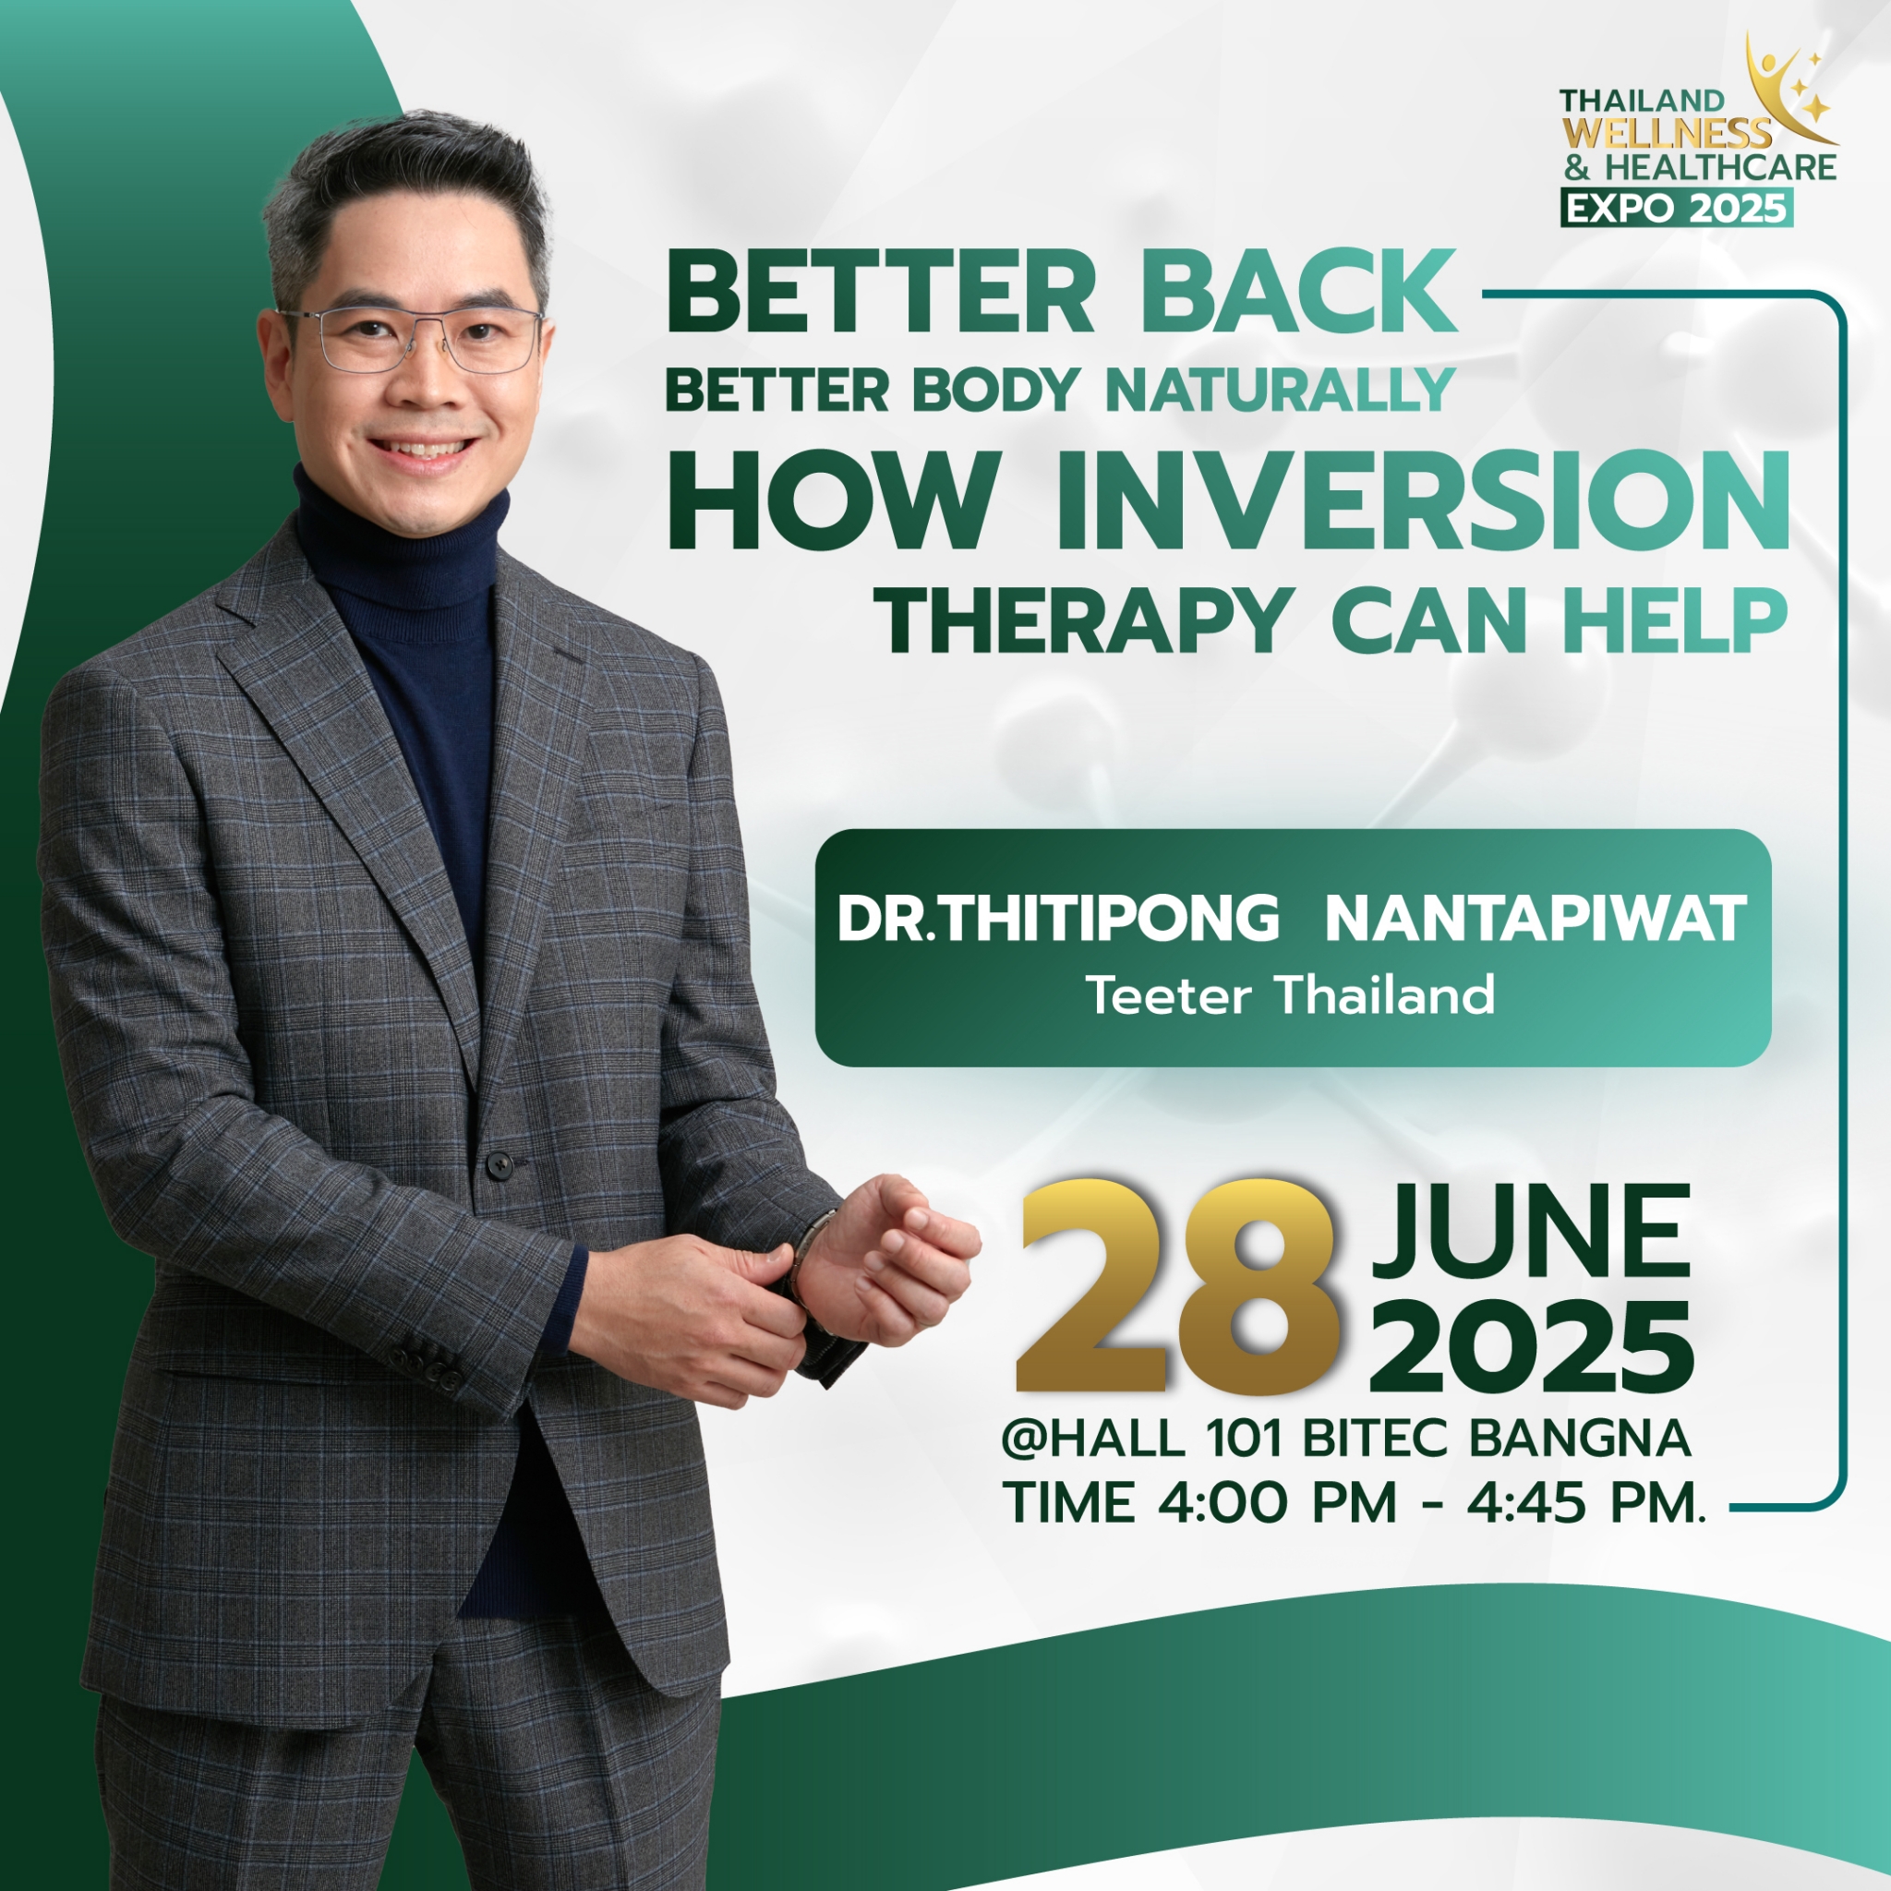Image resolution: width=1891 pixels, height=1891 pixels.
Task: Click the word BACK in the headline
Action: [x=1298, y=292]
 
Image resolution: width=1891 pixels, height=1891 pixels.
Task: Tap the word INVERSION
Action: [x=1425, y=502]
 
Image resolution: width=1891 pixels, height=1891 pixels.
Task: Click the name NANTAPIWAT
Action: [x=1536, y=919]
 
